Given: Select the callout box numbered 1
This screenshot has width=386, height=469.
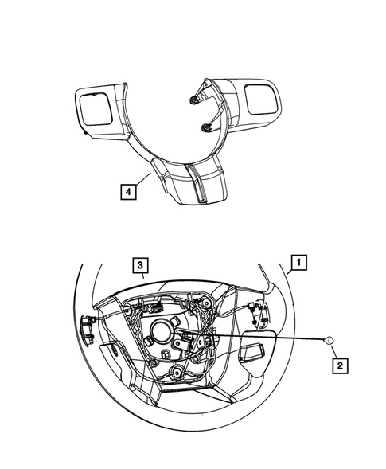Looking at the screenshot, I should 298,260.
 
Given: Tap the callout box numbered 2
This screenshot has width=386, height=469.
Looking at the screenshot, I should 338,365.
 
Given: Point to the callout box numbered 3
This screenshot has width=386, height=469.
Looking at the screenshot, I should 138,264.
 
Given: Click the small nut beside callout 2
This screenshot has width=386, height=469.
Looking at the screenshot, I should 328,341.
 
